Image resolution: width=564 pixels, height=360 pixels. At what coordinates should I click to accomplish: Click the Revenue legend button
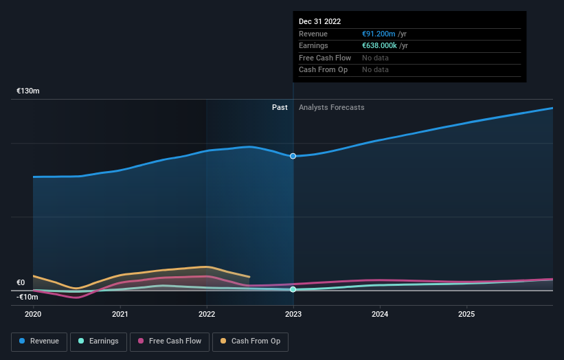(39, 341)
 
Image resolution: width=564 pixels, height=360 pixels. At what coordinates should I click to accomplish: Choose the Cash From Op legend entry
(251, 341)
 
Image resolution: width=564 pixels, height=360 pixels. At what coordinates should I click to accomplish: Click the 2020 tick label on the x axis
(33, 314)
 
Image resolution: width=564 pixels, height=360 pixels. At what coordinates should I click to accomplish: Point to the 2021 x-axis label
(120, 314)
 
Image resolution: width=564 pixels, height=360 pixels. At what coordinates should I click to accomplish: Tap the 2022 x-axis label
(207, 314)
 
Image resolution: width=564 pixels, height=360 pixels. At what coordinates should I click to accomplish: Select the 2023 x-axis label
(293, 314)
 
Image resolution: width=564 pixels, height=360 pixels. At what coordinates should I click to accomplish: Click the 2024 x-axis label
(380, 314)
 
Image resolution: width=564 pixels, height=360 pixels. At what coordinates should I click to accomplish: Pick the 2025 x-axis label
(466, 314)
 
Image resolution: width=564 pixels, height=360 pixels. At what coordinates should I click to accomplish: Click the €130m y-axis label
(28, 91)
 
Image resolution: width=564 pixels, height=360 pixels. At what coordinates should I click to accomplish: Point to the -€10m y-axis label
(27, 297)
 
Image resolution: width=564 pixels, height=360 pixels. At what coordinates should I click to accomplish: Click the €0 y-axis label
(21, 282)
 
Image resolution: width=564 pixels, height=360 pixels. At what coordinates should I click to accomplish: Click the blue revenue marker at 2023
(293, 156)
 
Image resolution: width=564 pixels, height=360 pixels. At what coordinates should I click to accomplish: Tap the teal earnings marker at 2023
(293, 289)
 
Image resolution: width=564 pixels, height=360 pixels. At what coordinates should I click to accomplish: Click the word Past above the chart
(280, 107)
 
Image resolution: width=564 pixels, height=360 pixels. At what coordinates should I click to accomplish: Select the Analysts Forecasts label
(331, 107)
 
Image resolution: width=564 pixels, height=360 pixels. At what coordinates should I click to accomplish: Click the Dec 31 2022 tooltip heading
(319, 22)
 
